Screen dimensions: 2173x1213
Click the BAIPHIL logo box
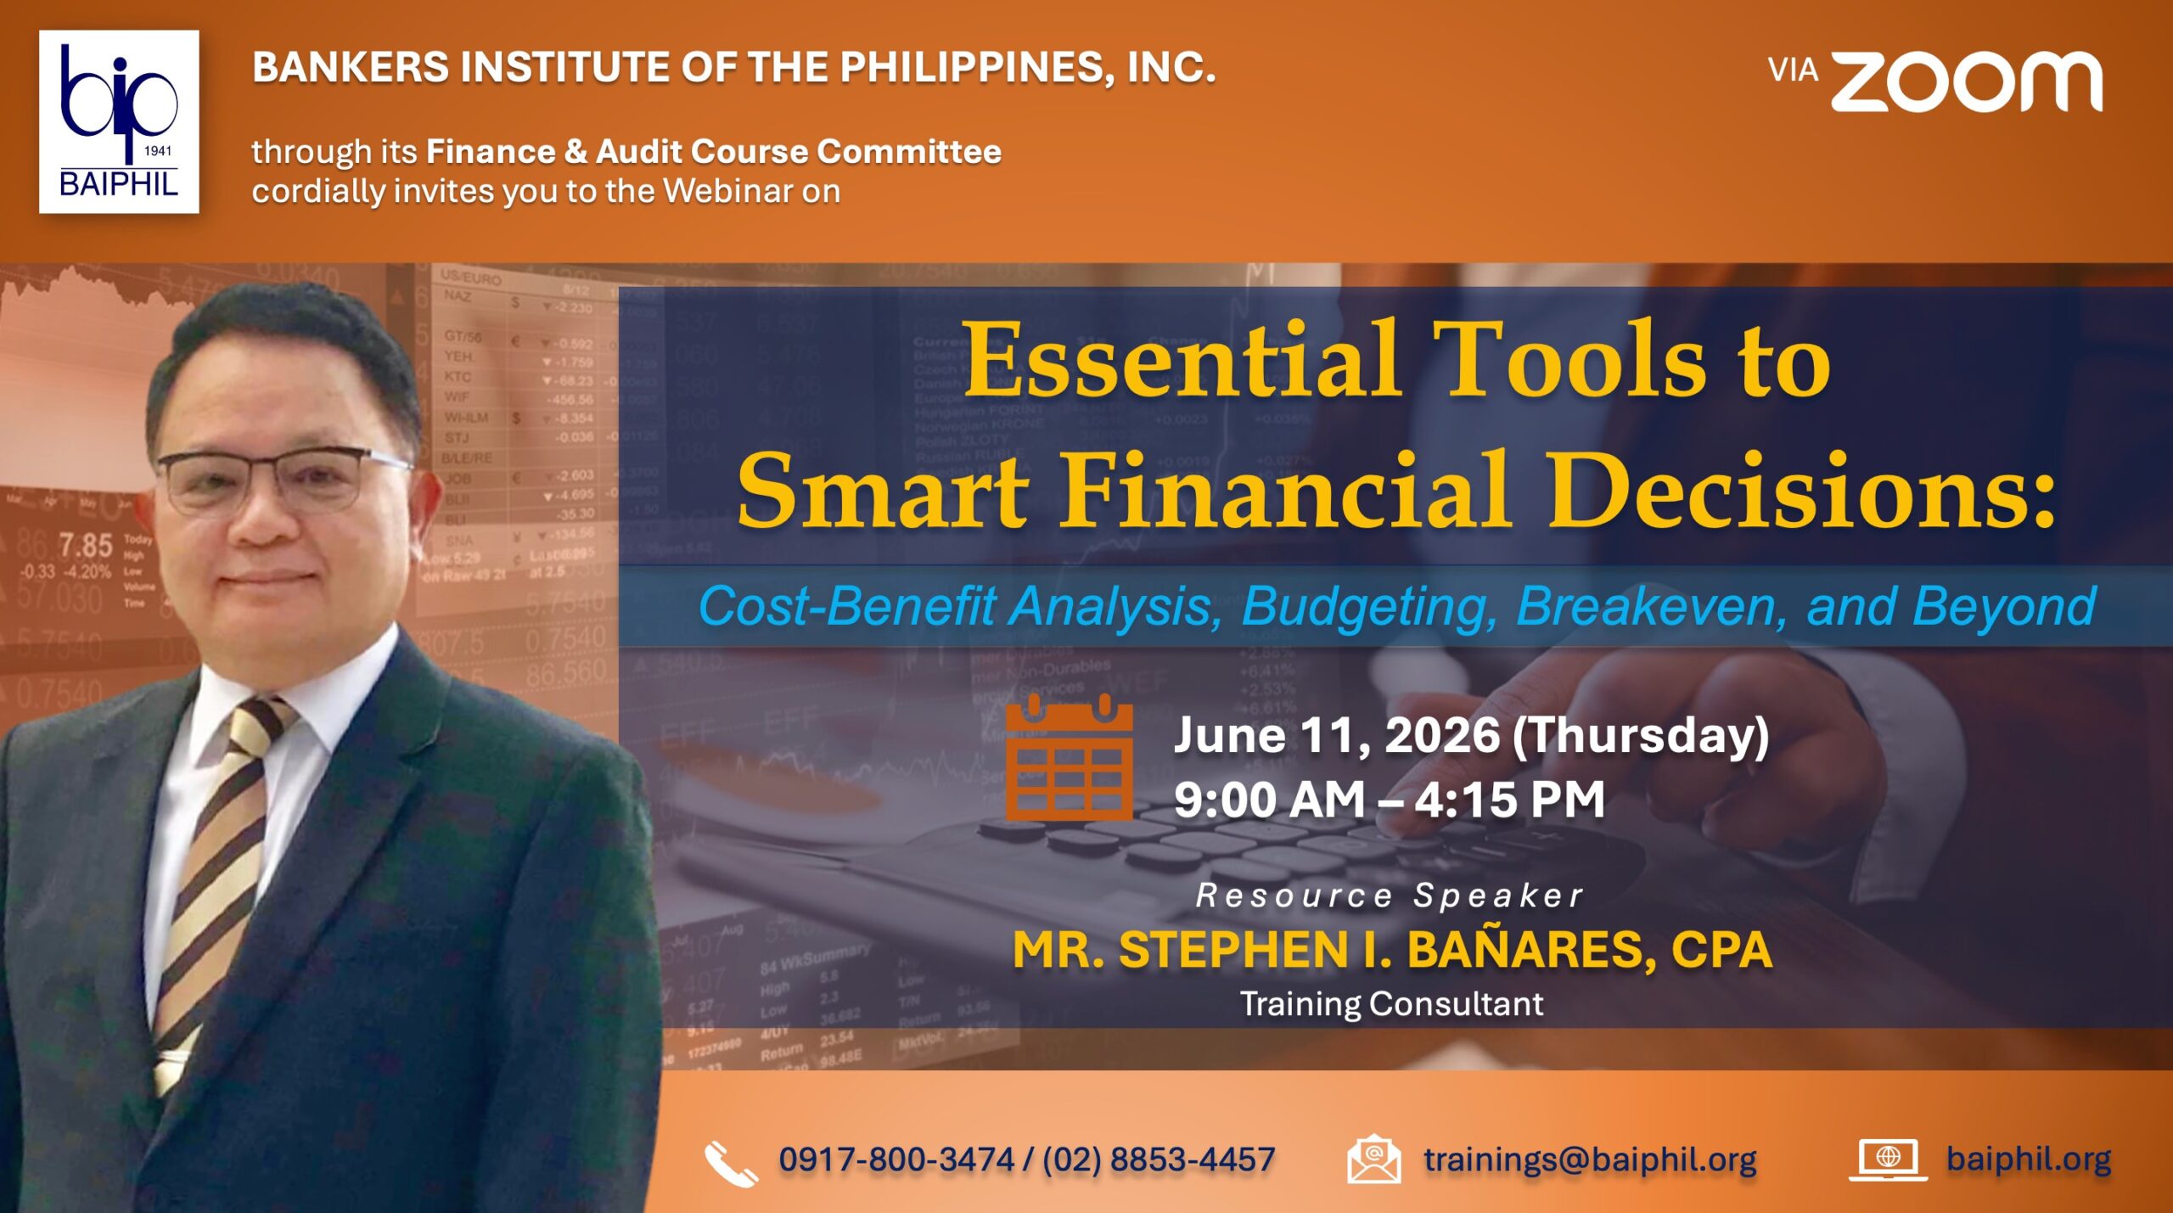(x=119, y=121)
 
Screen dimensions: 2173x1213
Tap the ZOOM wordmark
(x=1966, y=81)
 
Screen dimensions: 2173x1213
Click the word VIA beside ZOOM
(x=1793, y=70)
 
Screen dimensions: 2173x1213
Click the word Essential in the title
(x=1182, y=359)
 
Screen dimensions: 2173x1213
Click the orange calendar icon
(x=1069, y=757)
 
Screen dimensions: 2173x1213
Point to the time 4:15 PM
(x=1509, y=800)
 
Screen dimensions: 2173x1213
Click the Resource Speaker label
(x=1390, y=896)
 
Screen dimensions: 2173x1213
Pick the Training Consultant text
(x=1391, y=1004)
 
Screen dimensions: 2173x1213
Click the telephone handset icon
(x=731, y=1163)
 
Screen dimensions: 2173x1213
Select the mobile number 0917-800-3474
(x=896, y=1160)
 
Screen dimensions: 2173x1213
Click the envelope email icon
(x=1373, y=1159)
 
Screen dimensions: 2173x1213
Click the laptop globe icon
(x=1888, y=1160)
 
